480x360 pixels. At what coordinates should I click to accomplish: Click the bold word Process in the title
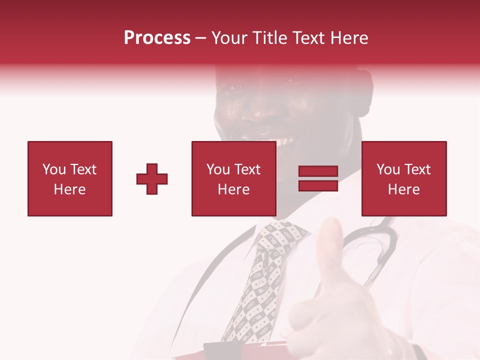coord(157,38)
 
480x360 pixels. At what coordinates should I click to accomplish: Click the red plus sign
coord(152,179)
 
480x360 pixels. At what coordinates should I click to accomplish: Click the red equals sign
coord(318,179)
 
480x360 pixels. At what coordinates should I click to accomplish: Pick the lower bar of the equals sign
coord(318,185)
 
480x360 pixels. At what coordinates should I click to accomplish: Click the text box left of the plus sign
coord(70,178)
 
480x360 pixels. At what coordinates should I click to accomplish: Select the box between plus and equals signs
coord(233,178)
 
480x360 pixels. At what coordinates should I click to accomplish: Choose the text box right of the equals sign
coord(403,178)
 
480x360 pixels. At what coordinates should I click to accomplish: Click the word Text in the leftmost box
coord(83,169)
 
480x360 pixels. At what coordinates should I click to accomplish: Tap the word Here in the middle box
coord(233,189)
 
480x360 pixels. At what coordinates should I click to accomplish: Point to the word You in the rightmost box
coord(388,169)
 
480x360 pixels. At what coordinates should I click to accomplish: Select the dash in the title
coord(201,38)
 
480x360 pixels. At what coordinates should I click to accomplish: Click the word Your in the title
coord(229,38)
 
